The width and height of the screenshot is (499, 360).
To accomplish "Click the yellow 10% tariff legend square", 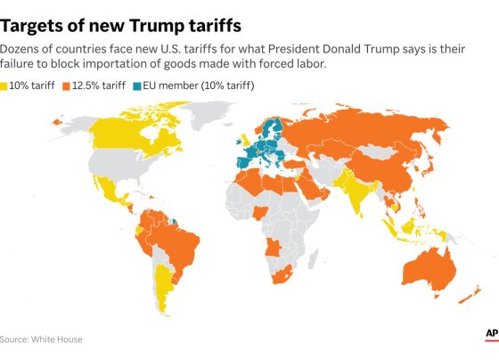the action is click(4, 86).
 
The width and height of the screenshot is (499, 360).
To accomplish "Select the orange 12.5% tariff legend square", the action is click(66, 86).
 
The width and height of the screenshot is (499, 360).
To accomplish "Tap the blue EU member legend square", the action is click(137, 86).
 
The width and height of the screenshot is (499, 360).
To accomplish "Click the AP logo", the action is click(492, 334).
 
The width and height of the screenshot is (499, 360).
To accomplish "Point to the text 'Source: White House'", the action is click(41, 340).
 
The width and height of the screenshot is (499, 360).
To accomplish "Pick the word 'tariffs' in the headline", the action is click(216, 26).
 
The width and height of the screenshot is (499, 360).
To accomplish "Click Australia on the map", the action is click(429, 271).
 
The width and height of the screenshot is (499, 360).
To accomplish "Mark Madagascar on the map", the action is click(313, 258).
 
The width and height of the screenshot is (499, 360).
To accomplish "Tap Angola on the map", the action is click(273, 248).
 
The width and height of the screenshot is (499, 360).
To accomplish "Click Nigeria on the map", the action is click(259, 213).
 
